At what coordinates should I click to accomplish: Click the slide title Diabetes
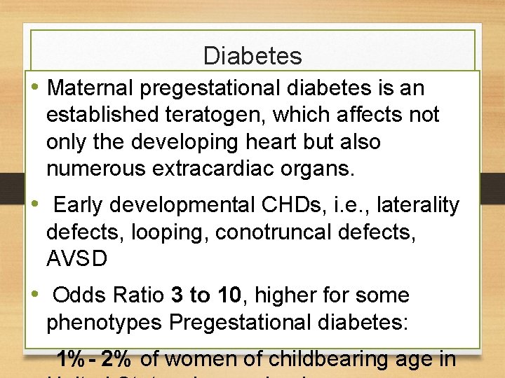tap(252, 56)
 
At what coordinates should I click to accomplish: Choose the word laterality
tap(418, 205)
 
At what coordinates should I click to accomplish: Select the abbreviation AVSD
tap(77, 259)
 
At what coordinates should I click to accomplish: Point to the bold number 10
tap(229, 295)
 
